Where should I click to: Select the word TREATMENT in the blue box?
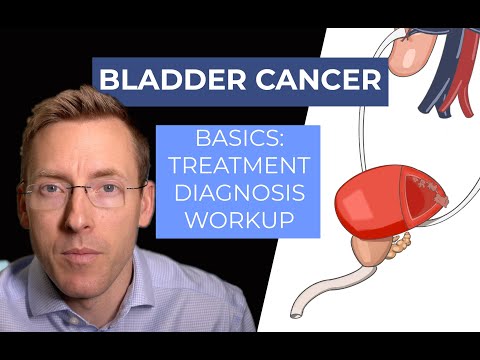(237, 167)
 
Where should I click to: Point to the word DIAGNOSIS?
(237, 192)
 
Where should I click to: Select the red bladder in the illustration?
(359, 211)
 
